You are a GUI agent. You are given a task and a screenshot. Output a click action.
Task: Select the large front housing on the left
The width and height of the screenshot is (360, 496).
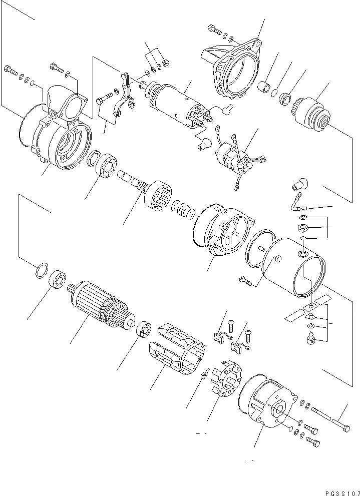coord(63,135)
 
